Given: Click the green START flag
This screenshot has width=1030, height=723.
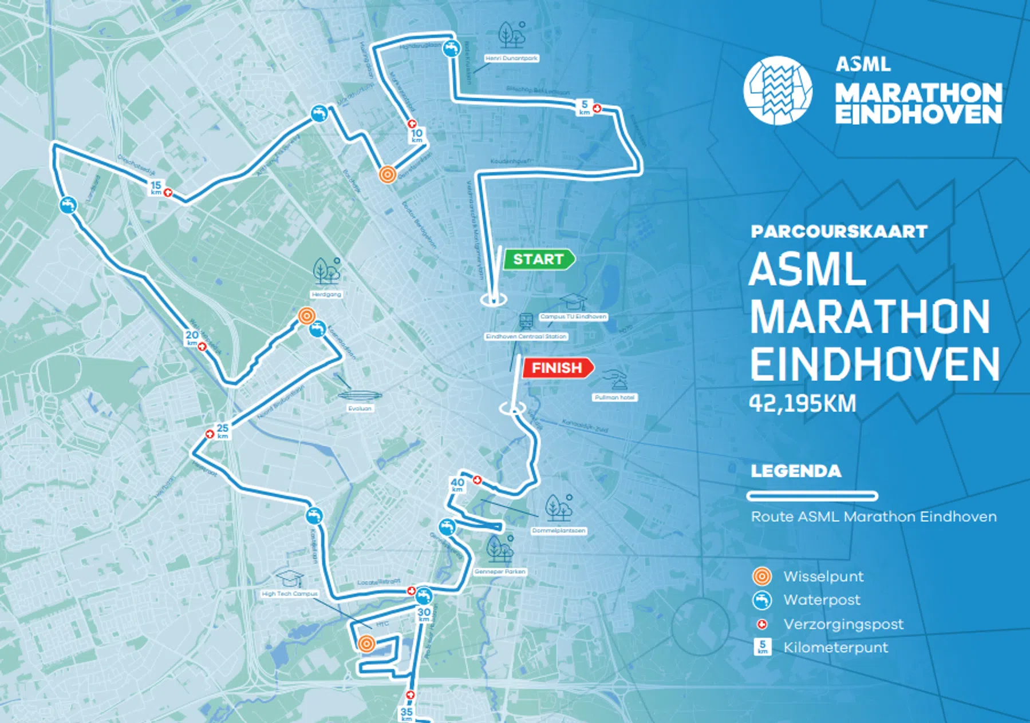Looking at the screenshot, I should click(538, 260).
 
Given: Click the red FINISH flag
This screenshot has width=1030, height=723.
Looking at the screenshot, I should click(557, 368).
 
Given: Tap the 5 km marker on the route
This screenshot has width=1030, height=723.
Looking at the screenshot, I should click(584, 107).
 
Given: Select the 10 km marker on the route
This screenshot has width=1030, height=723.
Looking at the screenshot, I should click(416, 136).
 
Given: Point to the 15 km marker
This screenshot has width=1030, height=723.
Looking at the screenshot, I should click(156, 188).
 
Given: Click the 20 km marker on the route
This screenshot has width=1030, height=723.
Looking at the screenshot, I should click(192, 337).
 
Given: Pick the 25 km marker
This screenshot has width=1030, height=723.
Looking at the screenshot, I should click(223, 431).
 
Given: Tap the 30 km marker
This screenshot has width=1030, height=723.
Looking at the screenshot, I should click(424, 615).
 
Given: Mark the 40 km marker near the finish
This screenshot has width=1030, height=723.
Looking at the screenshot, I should click(457, 485).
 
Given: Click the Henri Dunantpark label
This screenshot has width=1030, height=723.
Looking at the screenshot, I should click(511, 58).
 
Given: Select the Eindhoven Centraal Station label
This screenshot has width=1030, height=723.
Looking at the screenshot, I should click(526, 336).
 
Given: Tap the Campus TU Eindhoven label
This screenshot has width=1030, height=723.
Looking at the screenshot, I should click(573, 316).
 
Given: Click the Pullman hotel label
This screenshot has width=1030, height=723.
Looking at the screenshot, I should click(615, 397).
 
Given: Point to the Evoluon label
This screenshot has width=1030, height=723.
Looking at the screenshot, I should click(360, 408).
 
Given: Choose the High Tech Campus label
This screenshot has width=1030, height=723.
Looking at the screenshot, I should click(290, 594).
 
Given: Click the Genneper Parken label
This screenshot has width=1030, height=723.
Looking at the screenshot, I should click(500, 571).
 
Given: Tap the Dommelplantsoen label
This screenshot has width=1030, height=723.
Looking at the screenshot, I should click(558, 531).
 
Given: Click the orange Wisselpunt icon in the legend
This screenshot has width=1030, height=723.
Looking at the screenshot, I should click(762, 576).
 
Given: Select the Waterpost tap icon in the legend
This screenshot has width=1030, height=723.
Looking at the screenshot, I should click(762, 600).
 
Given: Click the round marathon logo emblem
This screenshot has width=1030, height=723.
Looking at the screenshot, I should click(778, 90).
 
